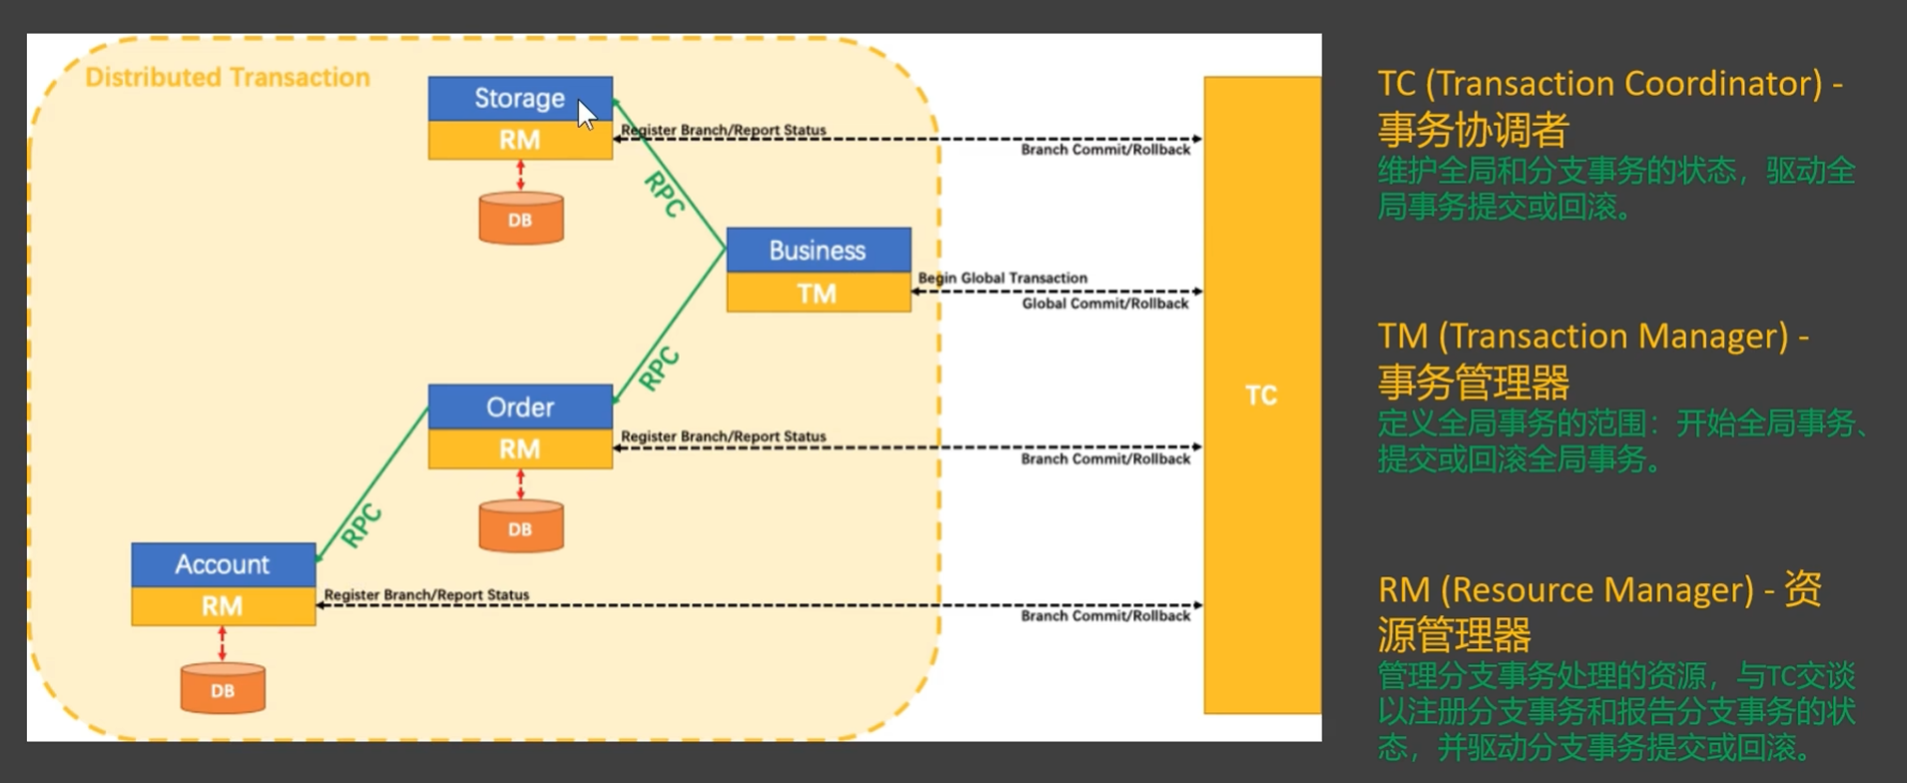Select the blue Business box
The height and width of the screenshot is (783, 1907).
(818, 250)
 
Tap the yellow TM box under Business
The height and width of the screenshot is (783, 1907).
(818, 293)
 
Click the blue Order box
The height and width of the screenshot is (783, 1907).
(520, 406)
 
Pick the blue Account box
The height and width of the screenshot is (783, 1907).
(223, 564)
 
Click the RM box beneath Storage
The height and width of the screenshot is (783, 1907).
(520, 141)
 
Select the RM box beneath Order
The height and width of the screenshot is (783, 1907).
(520, 449)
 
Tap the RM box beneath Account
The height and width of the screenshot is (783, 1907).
(223, 606)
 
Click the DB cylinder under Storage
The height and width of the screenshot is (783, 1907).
(520, 219)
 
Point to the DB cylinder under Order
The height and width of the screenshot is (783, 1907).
(520, 527)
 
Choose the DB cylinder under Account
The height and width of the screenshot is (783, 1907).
(223, 689)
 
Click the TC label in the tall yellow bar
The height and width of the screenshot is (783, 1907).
(1261, 395)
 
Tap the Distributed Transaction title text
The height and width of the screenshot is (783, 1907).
(228, 78)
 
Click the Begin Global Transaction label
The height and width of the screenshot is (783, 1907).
(1002, 278)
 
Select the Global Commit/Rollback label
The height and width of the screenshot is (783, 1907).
(1105, 304)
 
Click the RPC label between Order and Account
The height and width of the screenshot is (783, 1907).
(361, 525)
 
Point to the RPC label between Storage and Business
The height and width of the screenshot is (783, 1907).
(665, 194)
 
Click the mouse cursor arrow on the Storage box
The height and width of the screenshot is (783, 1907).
(586, 115)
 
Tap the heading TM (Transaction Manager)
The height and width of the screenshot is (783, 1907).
(1593, 337)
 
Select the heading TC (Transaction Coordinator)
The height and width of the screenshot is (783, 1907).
(1609, 84)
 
